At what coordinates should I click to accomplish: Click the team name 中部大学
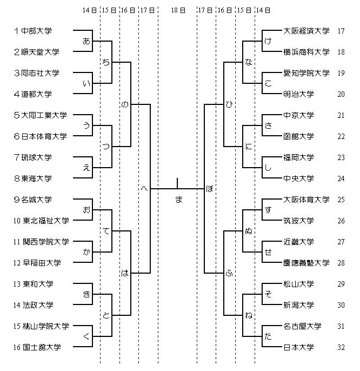point(36,31)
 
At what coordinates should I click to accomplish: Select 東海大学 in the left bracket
point(36,178)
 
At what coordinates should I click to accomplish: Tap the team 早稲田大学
point(42,263)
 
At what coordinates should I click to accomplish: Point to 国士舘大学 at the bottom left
point(42,347)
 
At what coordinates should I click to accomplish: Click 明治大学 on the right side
point(298,94)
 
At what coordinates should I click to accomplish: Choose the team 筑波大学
point(298,221)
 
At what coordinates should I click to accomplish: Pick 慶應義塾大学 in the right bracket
point(306,263)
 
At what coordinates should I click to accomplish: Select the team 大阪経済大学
point(306,31)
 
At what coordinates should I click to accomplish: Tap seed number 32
point(341,347)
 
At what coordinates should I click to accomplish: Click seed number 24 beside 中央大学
point(341,178)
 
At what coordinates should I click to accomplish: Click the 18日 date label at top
point(178,10)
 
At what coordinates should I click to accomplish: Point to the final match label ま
point(179,200)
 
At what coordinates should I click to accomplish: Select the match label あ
point(86,41)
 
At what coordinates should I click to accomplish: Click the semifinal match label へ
point(144,189)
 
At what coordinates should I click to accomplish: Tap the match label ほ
point(210,189)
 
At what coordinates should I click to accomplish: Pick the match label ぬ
point(249,231)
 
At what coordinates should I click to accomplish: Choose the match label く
point(86,336)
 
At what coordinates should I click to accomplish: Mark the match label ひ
point(229,104)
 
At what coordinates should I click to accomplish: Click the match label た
point(268,336)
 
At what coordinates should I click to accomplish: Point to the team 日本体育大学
point(44,136)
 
